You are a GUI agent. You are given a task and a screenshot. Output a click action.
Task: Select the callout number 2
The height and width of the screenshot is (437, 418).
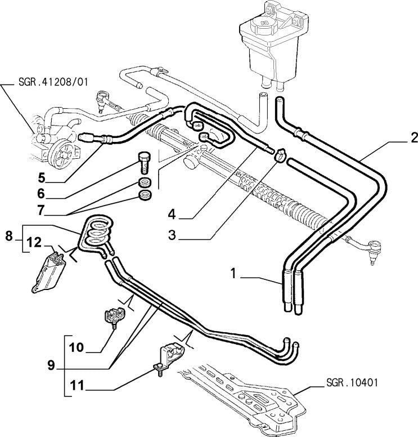tap(413, 137)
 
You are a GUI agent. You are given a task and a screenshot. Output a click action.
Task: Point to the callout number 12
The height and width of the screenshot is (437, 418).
tap(34, 243)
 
